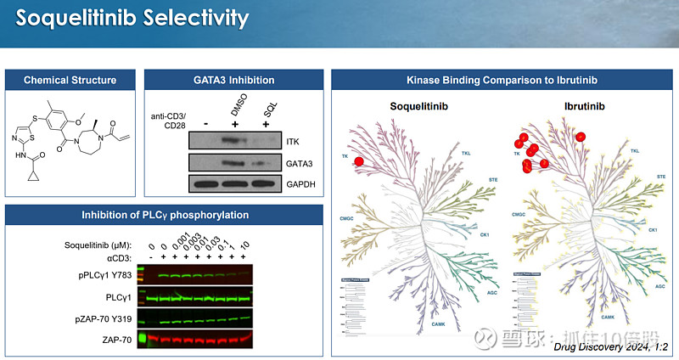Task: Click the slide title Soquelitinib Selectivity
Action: click(x=132, y=18)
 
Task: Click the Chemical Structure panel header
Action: click(x=70, y=80)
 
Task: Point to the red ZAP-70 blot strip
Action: click(x=199, y=339)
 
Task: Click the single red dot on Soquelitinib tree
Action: click(x=359, y=161)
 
